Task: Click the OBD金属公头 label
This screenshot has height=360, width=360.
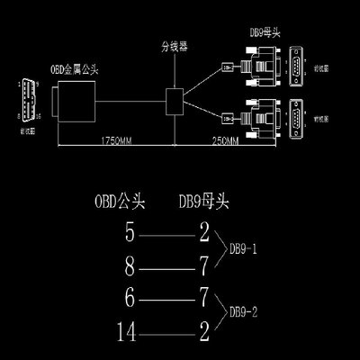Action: (75, 67)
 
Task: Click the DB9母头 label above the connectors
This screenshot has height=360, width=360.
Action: (262, 32)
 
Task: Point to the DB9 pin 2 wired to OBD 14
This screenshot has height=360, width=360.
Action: (205, 334)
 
